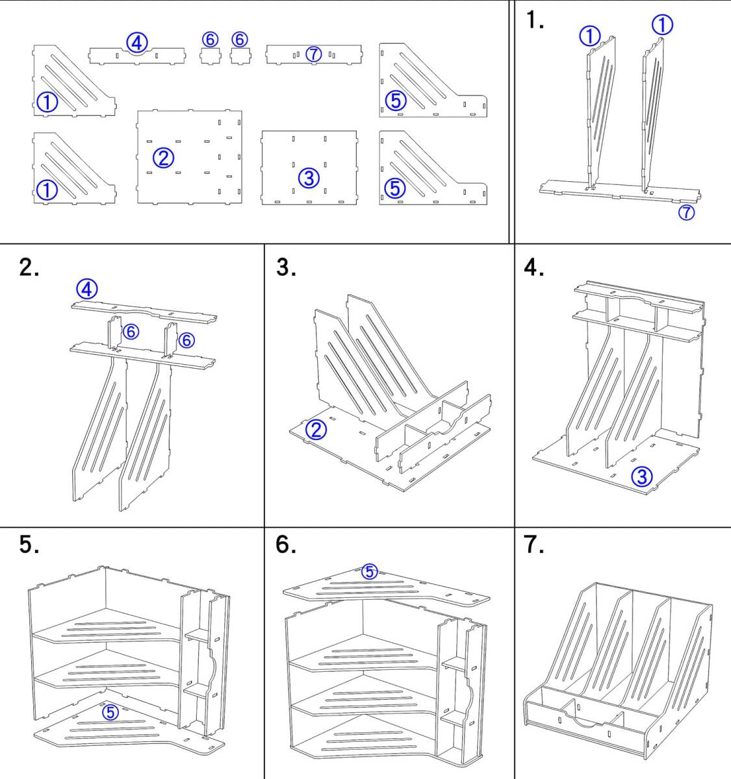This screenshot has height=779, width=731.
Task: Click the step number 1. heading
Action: tap(535, 21)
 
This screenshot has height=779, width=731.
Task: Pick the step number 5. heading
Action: tap(29, 545)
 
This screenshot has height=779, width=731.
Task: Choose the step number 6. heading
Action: tap(286, 545)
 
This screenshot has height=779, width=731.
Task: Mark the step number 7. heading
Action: tap(534, 545)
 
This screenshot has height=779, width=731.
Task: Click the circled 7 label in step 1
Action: tap(686, 212)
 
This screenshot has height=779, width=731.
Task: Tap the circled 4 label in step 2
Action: tap(87, 288)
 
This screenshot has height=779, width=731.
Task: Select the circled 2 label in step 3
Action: tap(316, 430)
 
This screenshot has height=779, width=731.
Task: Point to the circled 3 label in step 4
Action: tap(641, 477)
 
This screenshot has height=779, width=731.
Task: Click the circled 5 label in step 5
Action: tap(110, 712)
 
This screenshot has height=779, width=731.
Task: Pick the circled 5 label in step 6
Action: tap(369, 572)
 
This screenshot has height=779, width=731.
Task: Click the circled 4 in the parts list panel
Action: tap(136, 43)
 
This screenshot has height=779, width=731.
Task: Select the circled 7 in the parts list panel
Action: tap(313, 55)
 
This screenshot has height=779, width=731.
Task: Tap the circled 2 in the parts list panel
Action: tap(164, 157)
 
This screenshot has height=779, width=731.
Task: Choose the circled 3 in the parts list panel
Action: tap(309, 177)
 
